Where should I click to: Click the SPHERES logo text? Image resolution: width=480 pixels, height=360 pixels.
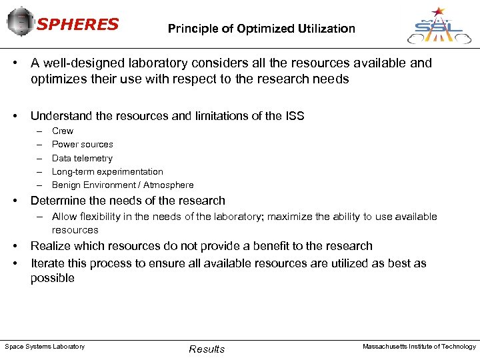(77, 25)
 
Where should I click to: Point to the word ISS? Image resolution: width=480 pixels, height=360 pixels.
(293, 116)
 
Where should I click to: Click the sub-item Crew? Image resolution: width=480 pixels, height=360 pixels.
(63, 131)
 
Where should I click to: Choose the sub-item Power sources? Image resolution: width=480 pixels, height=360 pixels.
(83, 145)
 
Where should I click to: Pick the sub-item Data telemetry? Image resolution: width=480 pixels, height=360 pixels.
(82, 158)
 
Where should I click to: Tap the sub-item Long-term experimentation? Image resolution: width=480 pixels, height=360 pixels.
(107, 171)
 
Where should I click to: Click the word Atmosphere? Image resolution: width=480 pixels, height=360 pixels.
(169, 185)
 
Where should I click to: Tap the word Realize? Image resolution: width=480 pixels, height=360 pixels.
(51, 246)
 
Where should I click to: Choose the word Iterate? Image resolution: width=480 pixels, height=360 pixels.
(49, 263)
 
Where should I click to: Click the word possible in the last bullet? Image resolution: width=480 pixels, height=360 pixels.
(53, 278)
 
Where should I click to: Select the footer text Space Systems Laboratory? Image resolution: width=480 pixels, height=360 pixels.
(45, 347)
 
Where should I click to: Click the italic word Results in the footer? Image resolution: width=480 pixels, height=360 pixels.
(207, 349)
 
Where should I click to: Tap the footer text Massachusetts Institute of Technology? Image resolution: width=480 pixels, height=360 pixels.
(419, 347)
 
